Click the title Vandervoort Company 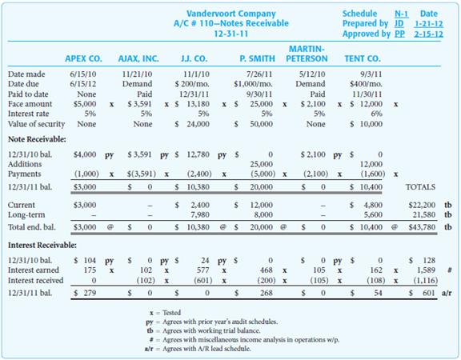pos(230,14)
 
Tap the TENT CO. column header pos(362,58)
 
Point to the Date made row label pos(26,74)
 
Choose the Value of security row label pos(37,124)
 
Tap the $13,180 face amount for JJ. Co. pos(194,104)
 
